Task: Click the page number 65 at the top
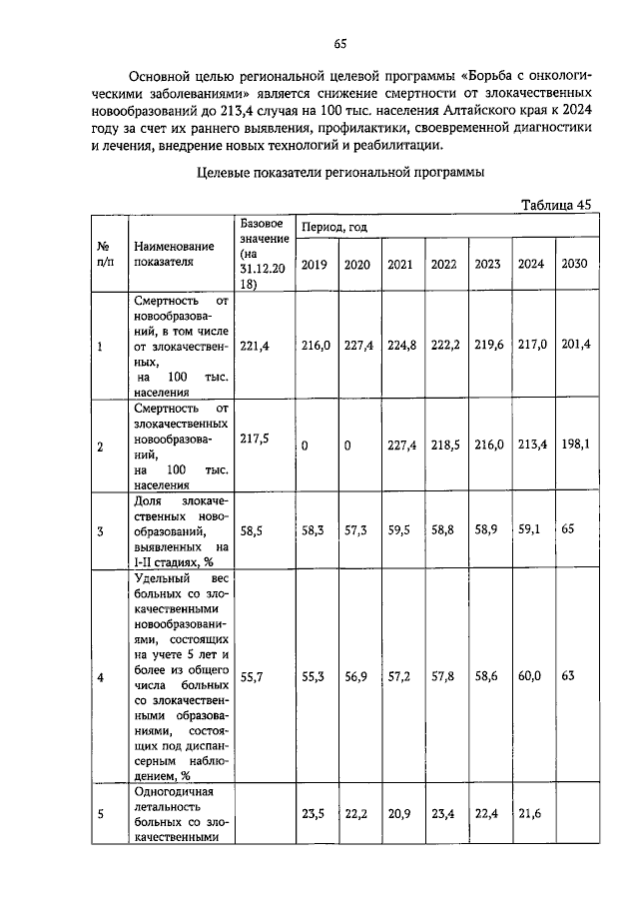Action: click(x=339, y=44)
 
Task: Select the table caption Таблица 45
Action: click(x=556, y=205)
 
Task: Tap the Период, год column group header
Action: click(x=335, y=227)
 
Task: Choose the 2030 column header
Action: click(x=575, y=264)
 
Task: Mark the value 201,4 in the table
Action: click(x=575, y=345)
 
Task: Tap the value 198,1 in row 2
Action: click(x=575, y=446)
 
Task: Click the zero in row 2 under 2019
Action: click(x=306, y=447)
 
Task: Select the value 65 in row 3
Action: click(x=569, y=530)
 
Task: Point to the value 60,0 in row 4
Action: click(x=530, y=676)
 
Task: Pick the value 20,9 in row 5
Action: click(x=400, y=814)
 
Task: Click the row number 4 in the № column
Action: click(x=100, y=678)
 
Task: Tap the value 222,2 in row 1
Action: click(x=444, y=345)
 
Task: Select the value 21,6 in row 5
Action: click(x=530, y=814)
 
